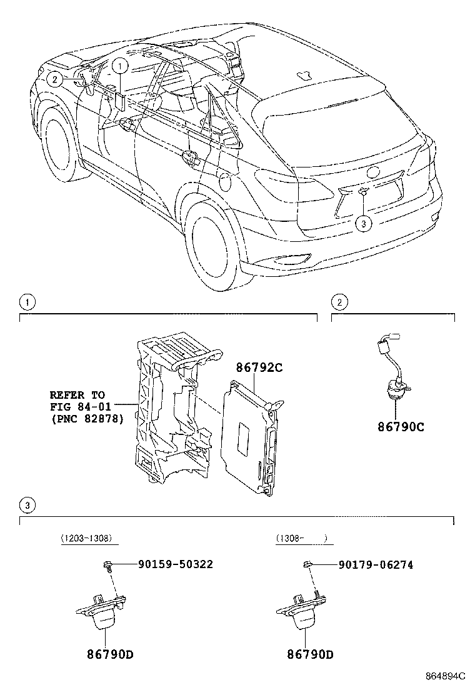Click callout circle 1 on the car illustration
click(x=121, y=64)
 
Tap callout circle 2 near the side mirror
click(x=54, y=79)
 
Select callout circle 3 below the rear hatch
click(x=363, y=222)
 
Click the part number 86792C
click(x=259, y=368)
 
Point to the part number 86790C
click(x=400, y=427)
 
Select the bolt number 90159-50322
click(x=175, y=564)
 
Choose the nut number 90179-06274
click(x=376, y=565)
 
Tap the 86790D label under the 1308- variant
click(x=310, y=654)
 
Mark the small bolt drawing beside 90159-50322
click(x=107, y=566)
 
